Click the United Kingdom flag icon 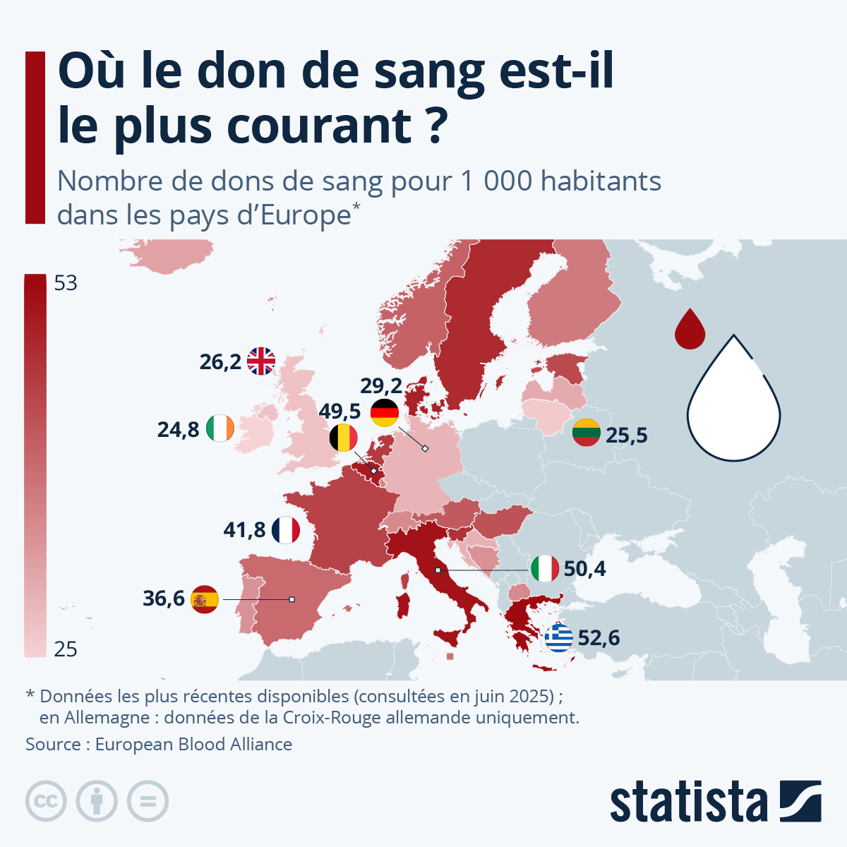tap(261, 361)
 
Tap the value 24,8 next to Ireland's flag tap(178, 429)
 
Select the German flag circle tap(385, 412)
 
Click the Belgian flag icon tap(343, 438)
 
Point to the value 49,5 tap(340, 412)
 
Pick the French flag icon tap(286, 530)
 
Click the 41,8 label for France tap(244, 530)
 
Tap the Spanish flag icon tap(205, 599)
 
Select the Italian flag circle tap(545, 568)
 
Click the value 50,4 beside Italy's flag tap(584, 569)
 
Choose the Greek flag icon tap(559, 638)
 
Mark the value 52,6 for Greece tap(599, 638)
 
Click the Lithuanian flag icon tap(587, 433)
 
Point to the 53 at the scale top tap(66, 284)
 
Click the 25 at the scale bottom tap(66, 649)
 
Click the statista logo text tap(688, 803)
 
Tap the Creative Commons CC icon tap(46, 801)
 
